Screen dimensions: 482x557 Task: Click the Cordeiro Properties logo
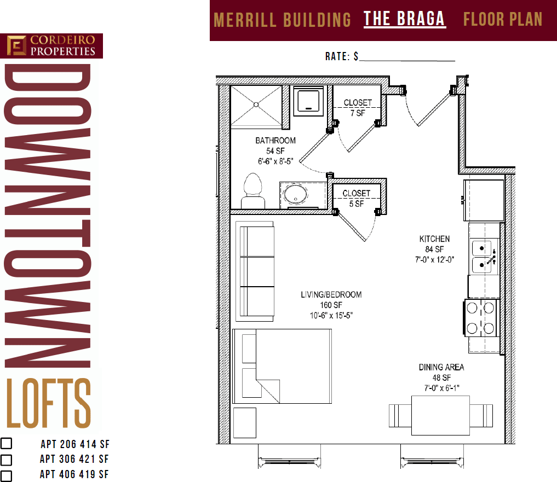coord(51,46)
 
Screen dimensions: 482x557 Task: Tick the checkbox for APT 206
coord(6,444)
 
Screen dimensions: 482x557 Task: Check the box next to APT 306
coord(6,460)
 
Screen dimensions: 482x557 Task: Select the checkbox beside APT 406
coord(6,475)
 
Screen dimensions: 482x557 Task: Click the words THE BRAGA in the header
coord(404,19)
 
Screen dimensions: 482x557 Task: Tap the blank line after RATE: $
coord(407,57)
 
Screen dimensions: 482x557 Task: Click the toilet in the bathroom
coord(252,191)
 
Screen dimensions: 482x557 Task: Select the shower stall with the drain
coord(256,106)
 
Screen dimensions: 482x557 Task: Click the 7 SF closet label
coord(357,108)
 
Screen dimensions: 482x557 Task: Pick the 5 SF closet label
coord(356,199)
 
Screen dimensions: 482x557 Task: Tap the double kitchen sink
coord(484,255)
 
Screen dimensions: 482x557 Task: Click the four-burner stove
coord(480,318)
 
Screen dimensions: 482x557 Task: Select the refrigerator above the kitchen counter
coord(484,193)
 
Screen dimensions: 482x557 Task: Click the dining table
coord(440,415)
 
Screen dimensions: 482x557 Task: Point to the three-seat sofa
coord(255,271)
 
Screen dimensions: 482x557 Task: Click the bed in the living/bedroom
coord(283,365)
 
